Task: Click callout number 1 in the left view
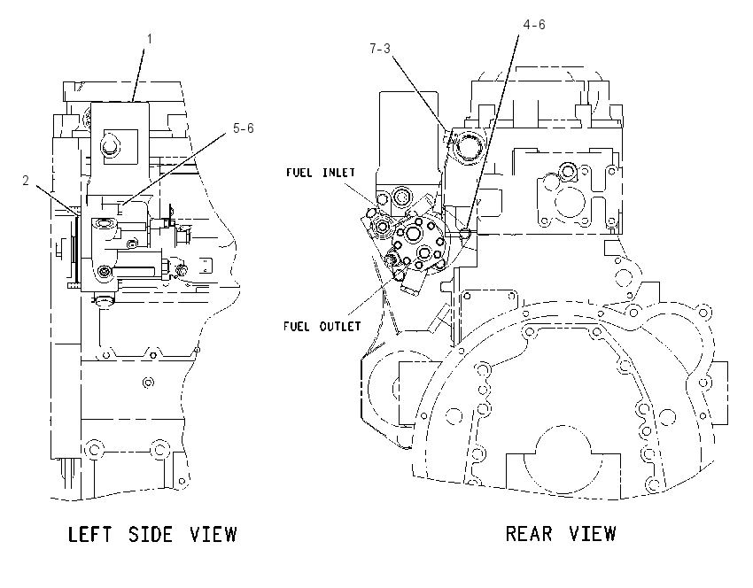150,39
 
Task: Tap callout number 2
26,181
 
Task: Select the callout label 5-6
243,128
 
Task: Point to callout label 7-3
380,49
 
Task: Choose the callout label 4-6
534,25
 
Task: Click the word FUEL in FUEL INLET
300,173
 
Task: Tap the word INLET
338,173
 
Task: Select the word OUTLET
340,327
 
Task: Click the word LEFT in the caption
89,534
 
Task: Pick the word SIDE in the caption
151,534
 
